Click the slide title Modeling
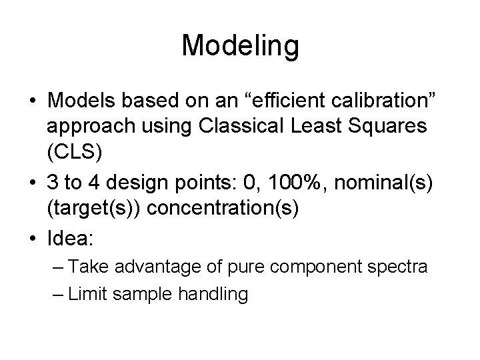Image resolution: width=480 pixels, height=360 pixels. click(240, 46)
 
